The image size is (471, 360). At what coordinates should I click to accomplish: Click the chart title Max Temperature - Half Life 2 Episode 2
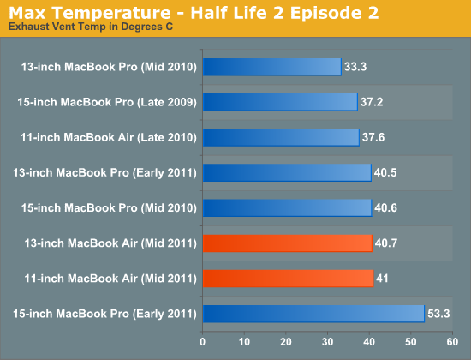[x=194, y=13]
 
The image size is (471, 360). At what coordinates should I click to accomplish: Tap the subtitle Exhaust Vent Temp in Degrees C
[x=91, y=27]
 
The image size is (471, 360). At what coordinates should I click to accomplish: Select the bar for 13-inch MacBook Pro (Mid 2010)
[x=272, y=67]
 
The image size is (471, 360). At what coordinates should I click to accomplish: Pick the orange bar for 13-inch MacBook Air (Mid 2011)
[x=288, y=243]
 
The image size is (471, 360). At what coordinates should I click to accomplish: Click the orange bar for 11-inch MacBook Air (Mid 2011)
[x=288, y=279]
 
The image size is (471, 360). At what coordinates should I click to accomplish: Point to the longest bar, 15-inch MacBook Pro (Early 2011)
[x=314, y=314]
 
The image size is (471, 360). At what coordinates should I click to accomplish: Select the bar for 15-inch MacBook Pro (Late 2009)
[x=280, y=102]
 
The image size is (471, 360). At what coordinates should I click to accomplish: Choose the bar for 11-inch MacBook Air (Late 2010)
[x=281, y=137]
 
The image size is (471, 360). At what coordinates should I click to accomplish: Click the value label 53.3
[x=438, y=314]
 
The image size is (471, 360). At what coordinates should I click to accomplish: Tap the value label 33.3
[x=355, y=67]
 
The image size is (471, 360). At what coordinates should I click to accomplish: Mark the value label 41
[x=382, y=279]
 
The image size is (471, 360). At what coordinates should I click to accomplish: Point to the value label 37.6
[x=373, y=137]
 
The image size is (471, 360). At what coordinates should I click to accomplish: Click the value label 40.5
[x=385, y=172]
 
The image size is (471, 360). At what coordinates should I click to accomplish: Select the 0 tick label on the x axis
[x=202, y=342]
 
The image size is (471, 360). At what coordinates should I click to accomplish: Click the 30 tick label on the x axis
[x=327, y=342]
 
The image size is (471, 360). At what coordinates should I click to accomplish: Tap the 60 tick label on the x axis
[x=452, y=342]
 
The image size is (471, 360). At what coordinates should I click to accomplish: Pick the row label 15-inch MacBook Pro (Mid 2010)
[x=109, y=208]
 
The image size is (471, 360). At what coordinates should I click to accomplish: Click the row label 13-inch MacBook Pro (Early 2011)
[x=104, y=173]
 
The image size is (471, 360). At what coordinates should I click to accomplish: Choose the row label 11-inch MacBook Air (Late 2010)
[x=109, y=138]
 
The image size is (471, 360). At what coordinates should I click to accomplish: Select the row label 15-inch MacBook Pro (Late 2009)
[x=107, y=102]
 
